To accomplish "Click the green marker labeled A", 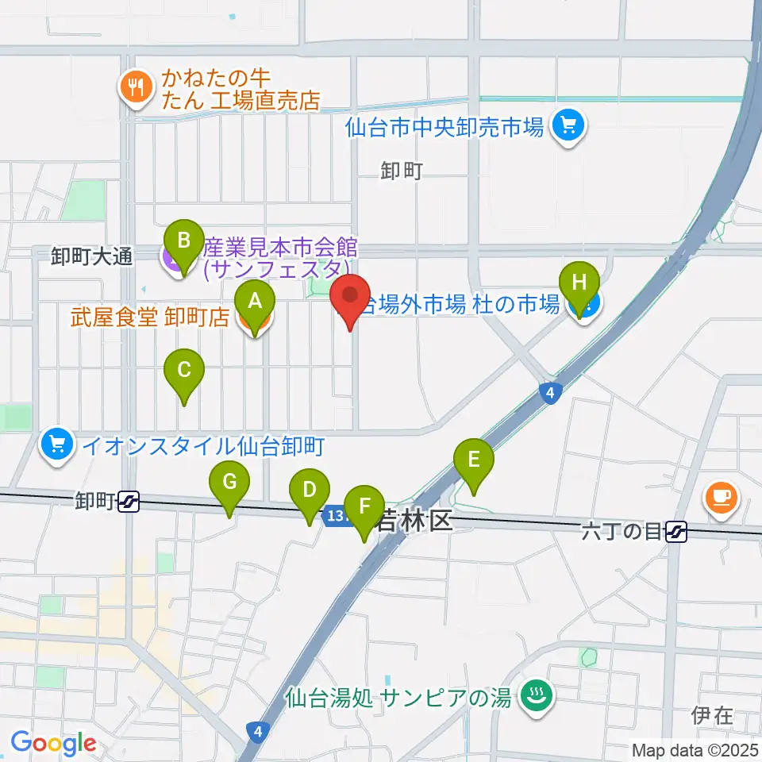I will point(255,302).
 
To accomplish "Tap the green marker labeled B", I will point(183,241).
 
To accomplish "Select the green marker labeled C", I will point(184,371).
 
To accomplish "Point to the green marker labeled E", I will point(474,460).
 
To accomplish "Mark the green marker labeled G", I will point(229,483).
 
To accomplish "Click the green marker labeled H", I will point(580,283).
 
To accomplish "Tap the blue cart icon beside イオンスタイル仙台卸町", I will point(56,445).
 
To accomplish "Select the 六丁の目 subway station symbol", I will point(676,531).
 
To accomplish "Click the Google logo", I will point(52,744).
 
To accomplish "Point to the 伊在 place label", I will point(711,716).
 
